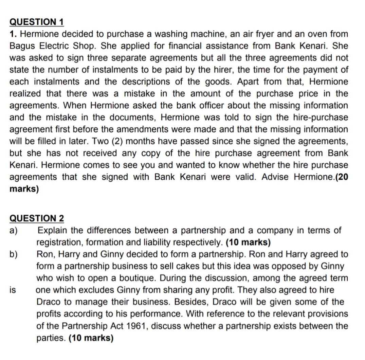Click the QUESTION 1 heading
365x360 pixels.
tap(37, 22)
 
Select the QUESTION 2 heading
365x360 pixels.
tap(37, 218)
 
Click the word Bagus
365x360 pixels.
tap(23, 46)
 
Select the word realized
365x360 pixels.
tap(26, 93)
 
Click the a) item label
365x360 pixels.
tap(14, 230)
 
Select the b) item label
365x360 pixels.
tap(14, 254)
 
